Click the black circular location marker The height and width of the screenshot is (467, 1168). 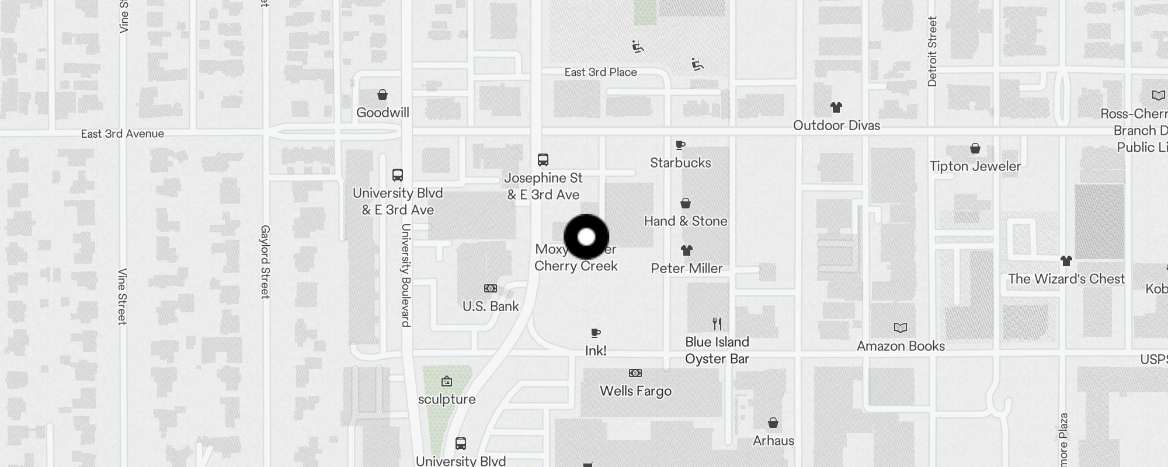[586, 237]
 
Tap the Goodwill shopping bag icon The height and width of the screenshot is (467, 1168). [383, 95]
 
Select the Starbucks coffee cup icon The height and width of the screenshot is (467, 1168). [680, 145]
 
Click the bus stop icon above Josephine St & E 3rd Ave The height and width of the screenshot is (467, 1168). [543, 160]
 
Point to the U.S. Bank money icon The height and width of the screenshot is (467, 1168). [491, 288]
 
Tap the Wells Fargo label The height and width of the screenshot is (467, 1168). [635, 391]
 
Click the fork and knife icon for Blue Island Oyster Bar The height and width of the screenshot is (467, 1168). [717, 324]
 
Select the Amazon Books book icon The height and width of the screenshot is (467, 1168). [901, 328]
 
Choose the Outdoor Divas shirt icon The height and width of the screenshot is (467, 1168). [836, 107]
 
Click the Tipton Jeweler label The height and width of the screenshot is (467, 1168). [975, 166]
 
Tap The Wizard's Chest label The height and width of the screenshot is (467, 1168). [1066, 279]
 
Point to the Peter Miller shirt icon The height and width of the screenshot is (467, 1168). [687, 250]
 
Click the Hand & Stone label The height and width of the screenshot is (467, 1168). [686, 221]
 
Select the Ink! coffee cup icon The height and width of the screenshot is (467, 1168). [596, 333]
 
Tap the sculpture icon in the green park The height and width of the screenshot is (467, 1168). [447, 382]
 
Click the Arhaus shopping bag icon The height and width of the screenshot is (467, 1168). [773, 423]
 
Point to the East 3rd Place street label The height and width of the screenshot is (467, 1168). [600, 72]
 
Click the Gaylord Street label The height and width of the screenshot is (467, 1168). [265, 262]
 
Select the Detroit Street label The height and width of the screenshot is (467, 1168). [932, 51]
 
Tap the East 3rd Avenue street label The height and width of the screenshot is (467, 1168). [122, 134]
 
